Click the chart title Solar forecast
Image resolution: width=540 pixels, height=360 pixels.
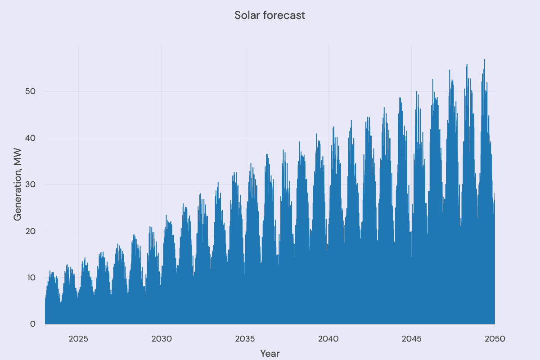click(270, 15)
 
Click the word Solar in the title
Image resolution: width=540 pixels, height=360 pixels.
click(247, 15)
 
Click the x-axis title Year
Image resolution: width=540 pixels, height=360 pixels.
click(270, 353)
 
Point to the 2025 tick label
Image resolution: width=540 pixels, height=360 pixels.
click(78, 338)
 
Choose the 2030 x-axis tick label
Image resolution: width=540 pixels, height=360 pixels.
click(162, 338)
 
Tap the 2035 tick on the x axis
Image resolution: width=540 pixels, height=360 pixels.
click(245, 338)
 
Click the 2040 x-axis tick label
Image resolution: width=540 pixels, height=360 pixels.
click(328, 338)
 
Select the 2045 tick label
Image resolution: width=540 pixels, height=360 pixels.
click(411, 338)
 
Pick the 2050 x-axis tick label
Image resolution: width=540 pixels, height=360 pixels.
click(495, 338)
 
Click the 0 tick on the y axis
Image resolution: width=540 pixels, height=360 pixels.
click(32, 324)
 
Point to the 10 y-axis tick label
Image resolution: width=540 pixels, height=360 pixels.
click(30, 278)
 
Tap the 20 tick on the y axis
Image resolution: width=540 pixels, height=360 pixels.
click(30, 231)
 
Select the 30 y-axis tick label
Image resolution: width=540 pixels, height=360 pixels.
click(30, 184)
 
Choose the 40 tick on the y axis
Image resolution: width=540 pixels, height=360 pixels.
click(30, 138)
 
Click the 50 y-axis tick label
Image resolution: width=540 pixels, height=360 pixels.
click(30, 92)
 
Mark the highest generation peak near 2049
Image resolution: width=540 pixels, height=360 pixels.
click(484, 59)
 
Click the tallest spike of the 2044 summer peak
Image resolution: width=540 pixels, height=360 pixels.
click(400, 98)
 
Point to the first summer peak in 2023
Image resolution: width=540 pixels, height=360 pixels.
click(50, 271)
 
